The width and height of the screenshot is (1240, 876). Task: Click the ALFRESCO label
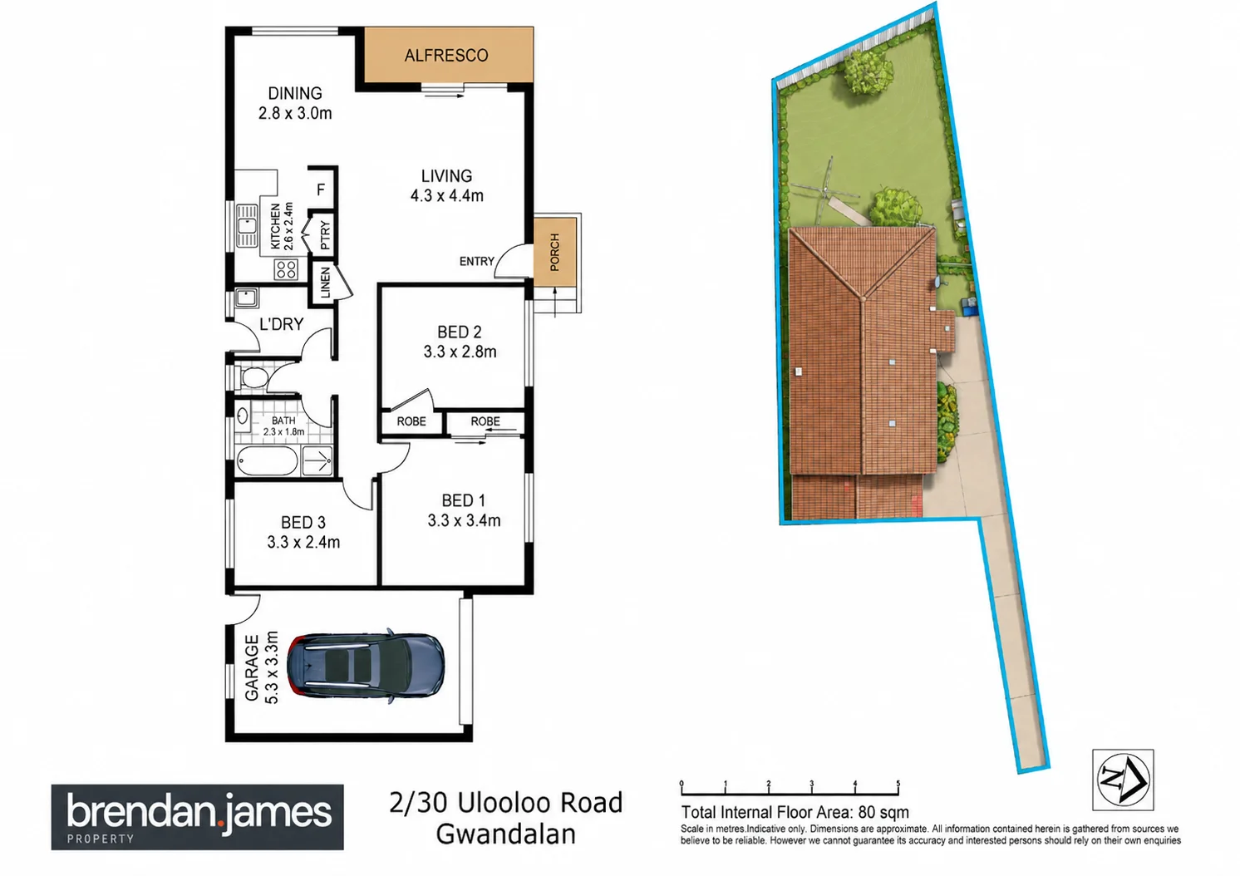(446, 56)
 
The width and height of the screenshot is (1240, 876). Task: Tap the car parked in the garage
(366, 666)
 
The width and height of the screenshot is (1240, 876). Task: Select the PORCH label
(554, 253)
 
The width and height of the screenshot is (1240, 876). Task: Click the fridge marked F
(321, 190)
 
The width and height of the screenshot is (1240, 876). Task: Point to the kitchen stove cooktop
(286, 269)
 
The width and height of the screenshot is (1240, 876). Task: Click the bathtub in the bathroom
(268, 460)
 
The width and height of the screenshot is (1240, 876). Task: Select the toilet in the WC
(254, 378)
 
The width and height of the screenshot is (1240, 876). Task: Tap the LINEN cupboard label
(326, 283)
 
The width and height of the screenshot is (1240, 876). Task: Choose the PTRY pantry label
(325, 234)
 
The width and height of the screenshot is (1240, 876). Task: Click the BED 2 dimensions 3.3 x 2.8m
(460, 352)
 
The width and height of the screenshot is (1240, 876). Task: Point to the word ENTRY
(476, 261)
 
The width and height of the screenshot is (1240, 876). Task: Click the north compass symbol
(1123, 779)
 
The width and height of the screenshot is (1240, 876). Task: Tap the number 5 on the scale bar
(898, 783)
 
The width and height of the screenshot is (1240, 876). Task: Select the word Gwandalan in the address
(505, 834)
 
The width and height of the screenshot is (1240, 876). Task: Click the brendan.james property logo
(198, 817)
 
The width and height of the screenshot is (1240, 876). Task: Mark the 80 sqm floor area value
(883, 812)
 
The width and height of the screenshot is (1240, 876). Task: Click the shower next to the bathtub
(317, 460)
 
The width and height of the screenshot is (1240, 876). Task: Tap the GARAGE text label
(252, 667)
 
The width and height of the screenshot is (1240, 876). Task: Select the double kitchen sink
(246, 226)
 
